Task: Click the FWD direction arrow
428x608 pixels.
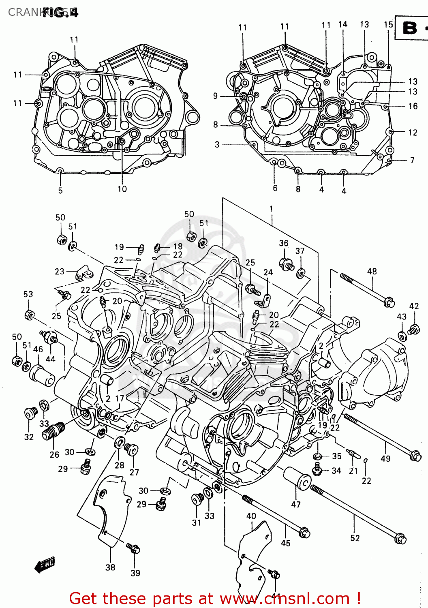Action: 45,565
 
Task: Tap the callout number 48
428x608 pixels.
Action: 372,271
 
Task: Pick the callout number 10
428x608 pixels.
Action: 122,189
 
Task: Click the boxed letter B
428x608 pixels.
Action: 410,28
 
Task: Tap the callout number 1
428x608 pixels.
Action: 271,209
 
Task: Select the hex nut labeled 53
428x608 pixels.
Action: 29,315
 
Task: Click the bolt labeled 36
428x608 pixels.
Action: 286,264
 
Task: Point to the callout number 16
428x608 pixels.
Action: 413,106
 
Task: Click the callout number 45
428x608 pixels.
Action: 286,543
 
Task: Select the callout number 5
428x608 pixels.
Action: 60,190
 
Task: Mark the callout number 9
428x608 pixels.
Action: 215,96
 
